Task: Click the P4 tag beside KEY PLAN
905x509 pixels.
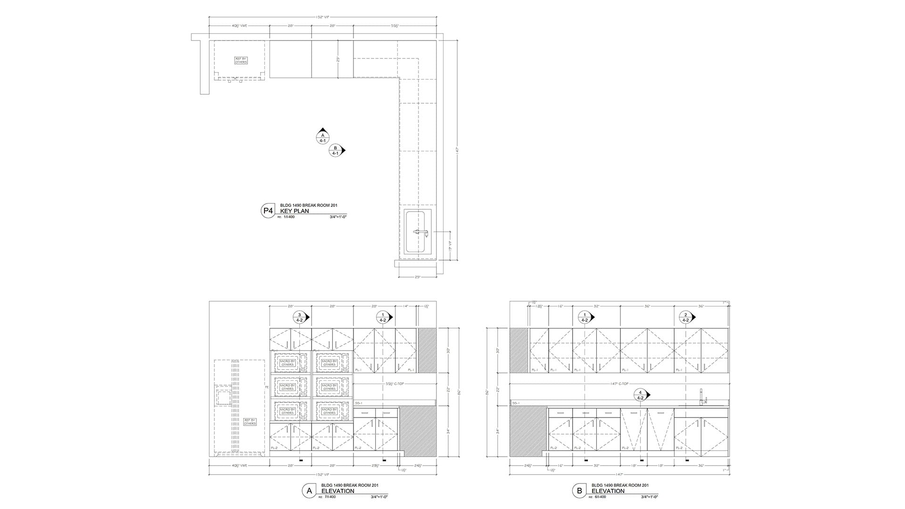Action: [x=268, y=211]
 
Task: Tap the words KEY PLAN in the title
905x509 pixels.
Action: [x=295, y=211]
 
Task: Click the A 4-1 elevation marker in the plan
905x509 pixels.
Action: [x=323, y=137]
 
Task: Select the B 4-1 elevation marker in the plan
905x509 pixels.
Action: [x=336, y=150]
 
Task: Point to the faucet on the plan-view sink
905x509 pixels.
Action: [x=420, y=232]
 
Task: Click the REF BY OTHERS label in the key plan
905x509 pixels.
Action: [x=241, y=60]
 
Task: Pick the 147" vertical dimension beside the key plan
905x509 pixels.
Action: [x=457, y=150]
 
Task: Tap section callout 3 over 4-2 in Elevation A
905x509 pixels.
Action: [x=299, y=317]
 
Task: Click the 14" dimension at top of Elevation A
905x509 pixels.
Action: [x=406, y=306]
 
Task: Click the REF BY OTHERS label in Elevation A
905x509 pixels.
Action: [x=250, y=422]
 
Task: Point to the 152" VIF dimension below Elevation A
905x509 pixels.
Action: [x=322, y=475]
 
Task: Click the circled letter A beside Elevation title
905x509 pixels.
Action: [x=309, y=491]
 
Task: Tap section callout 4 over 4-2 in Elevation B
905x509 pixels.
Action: [x=640, y=395]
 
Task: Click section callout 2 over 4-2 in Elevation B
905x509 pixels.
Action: [x=686, y=317]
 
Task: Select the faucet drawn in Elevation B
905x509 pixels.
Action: [x=702, y=397]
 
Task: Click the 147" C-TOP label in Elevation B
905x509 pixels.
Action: [x=620, y=384]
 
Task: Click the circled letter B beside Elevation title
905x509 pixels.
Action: [x=579, y=491]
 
